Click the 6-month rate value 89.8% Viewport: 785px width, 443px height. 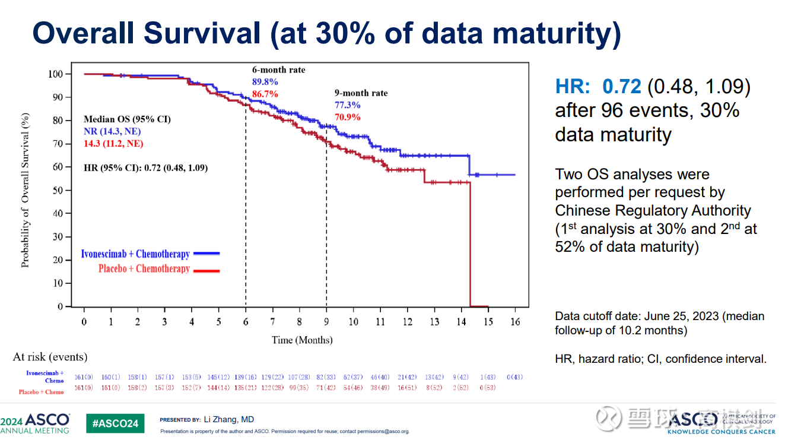pyautogui.click(x=265, y=82)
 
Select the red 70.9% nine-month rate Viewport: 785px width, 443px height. pyautogui.click(x=348, y=117)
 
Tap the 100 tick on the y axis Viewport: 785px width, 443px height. pyautogui.click(x=56, y=74)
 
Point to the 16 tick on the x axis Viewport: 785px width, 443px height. pyautogui.click(x=514, y=322)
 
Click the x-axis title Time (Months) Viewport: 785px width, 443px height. pyautogui.click(x=302, y=340)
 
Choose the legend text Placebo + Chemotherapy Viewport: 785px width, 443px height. pyautogui.click(x=144, y=269)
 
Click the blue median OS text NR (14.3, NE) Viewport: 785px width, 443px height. pyautogui.click(x=112, y=131)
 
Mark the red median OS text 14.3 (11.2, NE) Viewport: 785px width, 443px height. pyautogui.click(x=113, y=144)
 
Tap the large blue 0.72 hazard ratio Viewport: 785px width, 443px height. pyautogui.click(x=622, y=87)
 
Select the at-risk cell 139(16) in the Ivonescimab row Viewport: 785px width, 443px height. pyautogui.click(x=246, y=377)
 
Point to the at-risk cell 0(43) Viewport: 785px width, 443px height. pyautogui.click(x=514, y=377)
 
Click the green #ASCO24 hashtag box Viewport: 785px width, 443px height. pyautogui.click(x=115, y=423)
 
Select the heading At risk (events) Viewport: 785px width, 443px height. pyautogui.click(x=50, y=357)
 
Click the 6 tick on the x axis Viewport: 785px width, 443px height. pyautogui.click(x=246, y=322)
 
